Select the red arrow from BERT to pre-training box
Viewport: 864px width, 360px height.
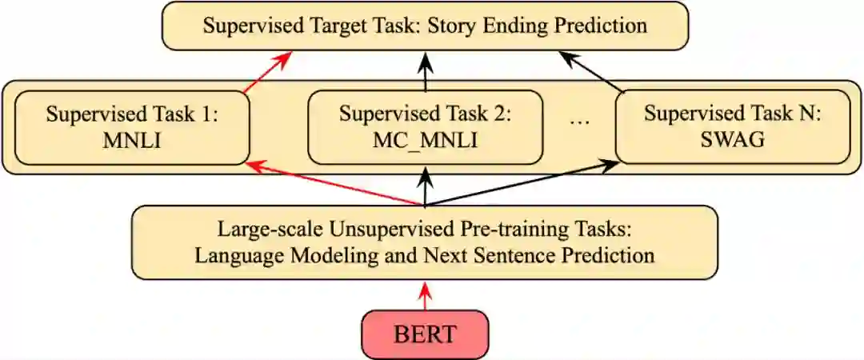click(x=425, y=295)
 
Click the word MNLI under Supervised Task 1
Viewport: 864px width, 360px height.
click(x=132, y=141)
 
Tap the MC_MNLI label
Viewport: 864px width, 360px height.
click(x=425, y=141)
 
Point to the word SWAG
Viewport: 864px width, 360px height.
click(x=732, y=141)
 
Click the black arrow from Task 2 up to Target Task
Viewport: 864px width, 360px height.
click(x=425, y=70)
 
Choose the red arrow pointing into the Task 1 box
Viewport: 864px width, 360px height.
click(x=332, y=183)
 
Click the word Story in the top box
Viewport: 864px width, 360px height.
click(x=455, y=25)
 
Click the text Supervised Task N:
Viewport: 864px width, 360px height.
click(x=732, y=113)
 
